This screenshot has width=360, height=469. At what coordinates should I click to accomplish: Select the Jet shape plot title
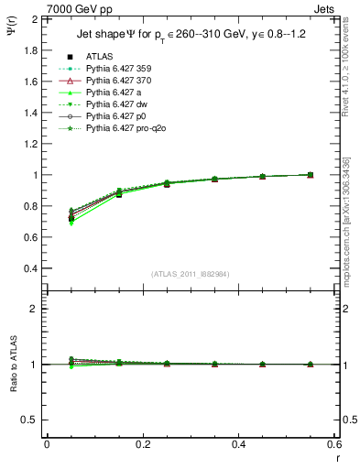pos(190,36)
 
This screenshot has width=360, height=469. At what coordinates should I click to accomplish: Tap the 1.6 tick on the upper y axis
pos(31,82)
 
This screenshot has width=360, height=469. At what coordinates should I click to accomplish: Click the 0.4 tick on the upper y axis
pos(31,268)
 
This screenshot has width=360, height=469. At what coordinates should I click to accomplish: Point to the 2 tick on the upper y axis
pos(35,19)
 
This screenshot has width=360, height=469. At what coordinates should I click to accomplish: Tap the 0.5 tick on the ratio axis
pos(31,420)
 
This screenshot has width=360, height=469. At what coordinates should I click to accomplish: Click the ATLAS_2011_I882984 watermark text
pos(190,274)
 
